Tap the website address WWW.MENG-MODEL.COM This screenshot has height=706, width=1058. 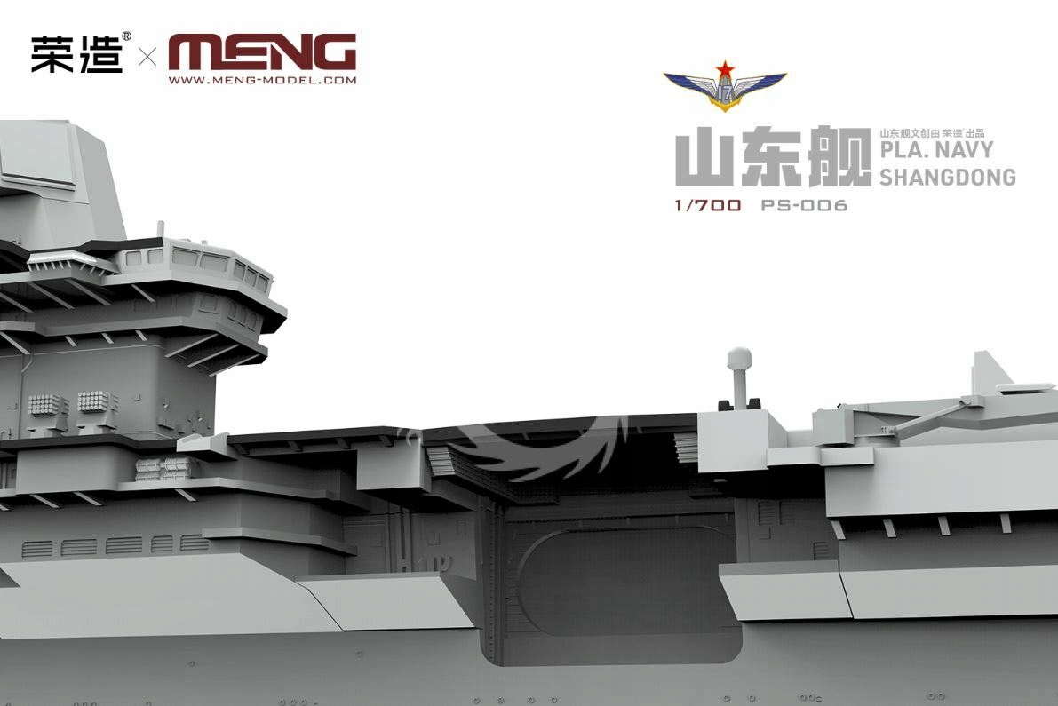[x=262, y=80]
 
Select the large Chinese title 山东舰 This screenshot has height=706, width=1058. [x=773, y=160]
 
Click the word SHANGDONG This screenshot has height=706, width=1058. [x=947, y=177]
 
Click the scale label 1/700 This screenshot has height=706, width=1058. [x=707, y=206]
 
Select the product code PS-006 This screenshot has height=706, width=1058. [x=804, y=206]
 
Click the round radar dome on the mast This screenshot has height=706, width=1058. [x=738, y=359]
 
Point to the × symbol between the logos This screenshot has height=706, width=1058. [x=147, y=58]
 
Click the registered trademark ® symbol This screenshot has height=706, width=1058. [x=126, y=36]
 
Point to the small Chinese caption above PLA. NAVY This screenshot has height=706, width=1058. [x=932, y=132]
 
